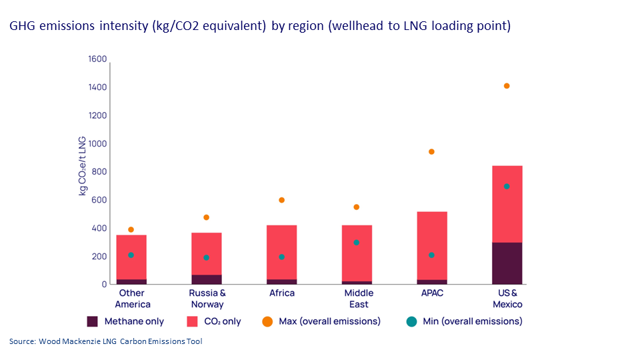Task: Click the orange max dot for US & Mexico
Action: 507,86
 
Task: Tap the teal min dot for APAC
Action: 432,255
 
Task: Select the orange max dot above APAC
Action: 431,152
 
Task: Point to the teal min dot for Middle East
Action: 357,243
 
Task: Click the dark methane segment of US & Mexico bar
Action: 507,263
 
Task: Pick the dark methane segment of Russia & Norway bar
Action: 206,279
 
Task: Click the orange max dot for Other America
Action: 131,229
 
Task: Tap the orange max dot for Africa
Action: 281,200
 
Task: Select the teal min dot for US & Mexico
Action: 507,187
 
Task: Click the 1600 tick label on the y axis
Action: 97,59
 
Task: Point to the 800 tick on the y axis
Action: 99,172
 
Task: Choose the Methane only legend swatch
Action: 93,321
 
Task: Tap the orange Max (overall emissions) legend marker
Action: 267,321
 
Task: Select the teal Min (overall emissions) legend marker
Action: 411,321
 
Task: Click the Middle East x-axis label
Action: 359,298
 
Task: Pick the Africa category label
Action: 281,293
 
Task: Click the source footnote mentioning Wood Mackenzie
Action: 105,341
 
